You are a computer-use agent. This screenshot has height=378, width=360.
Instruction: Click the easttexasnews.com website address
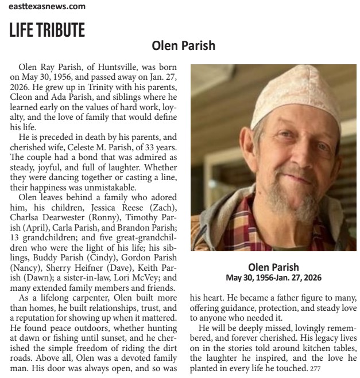pyautogui.click(x=47, y=6)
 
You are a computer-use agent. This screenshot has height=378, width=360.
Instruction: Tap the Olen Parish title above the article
pyautogui.click(x=183, y=45)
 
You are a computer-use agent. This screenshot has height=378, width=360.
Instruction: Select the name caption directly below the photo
pyautogui.click(x=273, y=267)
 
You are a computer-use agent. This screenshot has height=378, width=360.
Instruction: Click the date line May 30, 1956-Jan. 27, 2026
pyautogui.click(x=273, y=277)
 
